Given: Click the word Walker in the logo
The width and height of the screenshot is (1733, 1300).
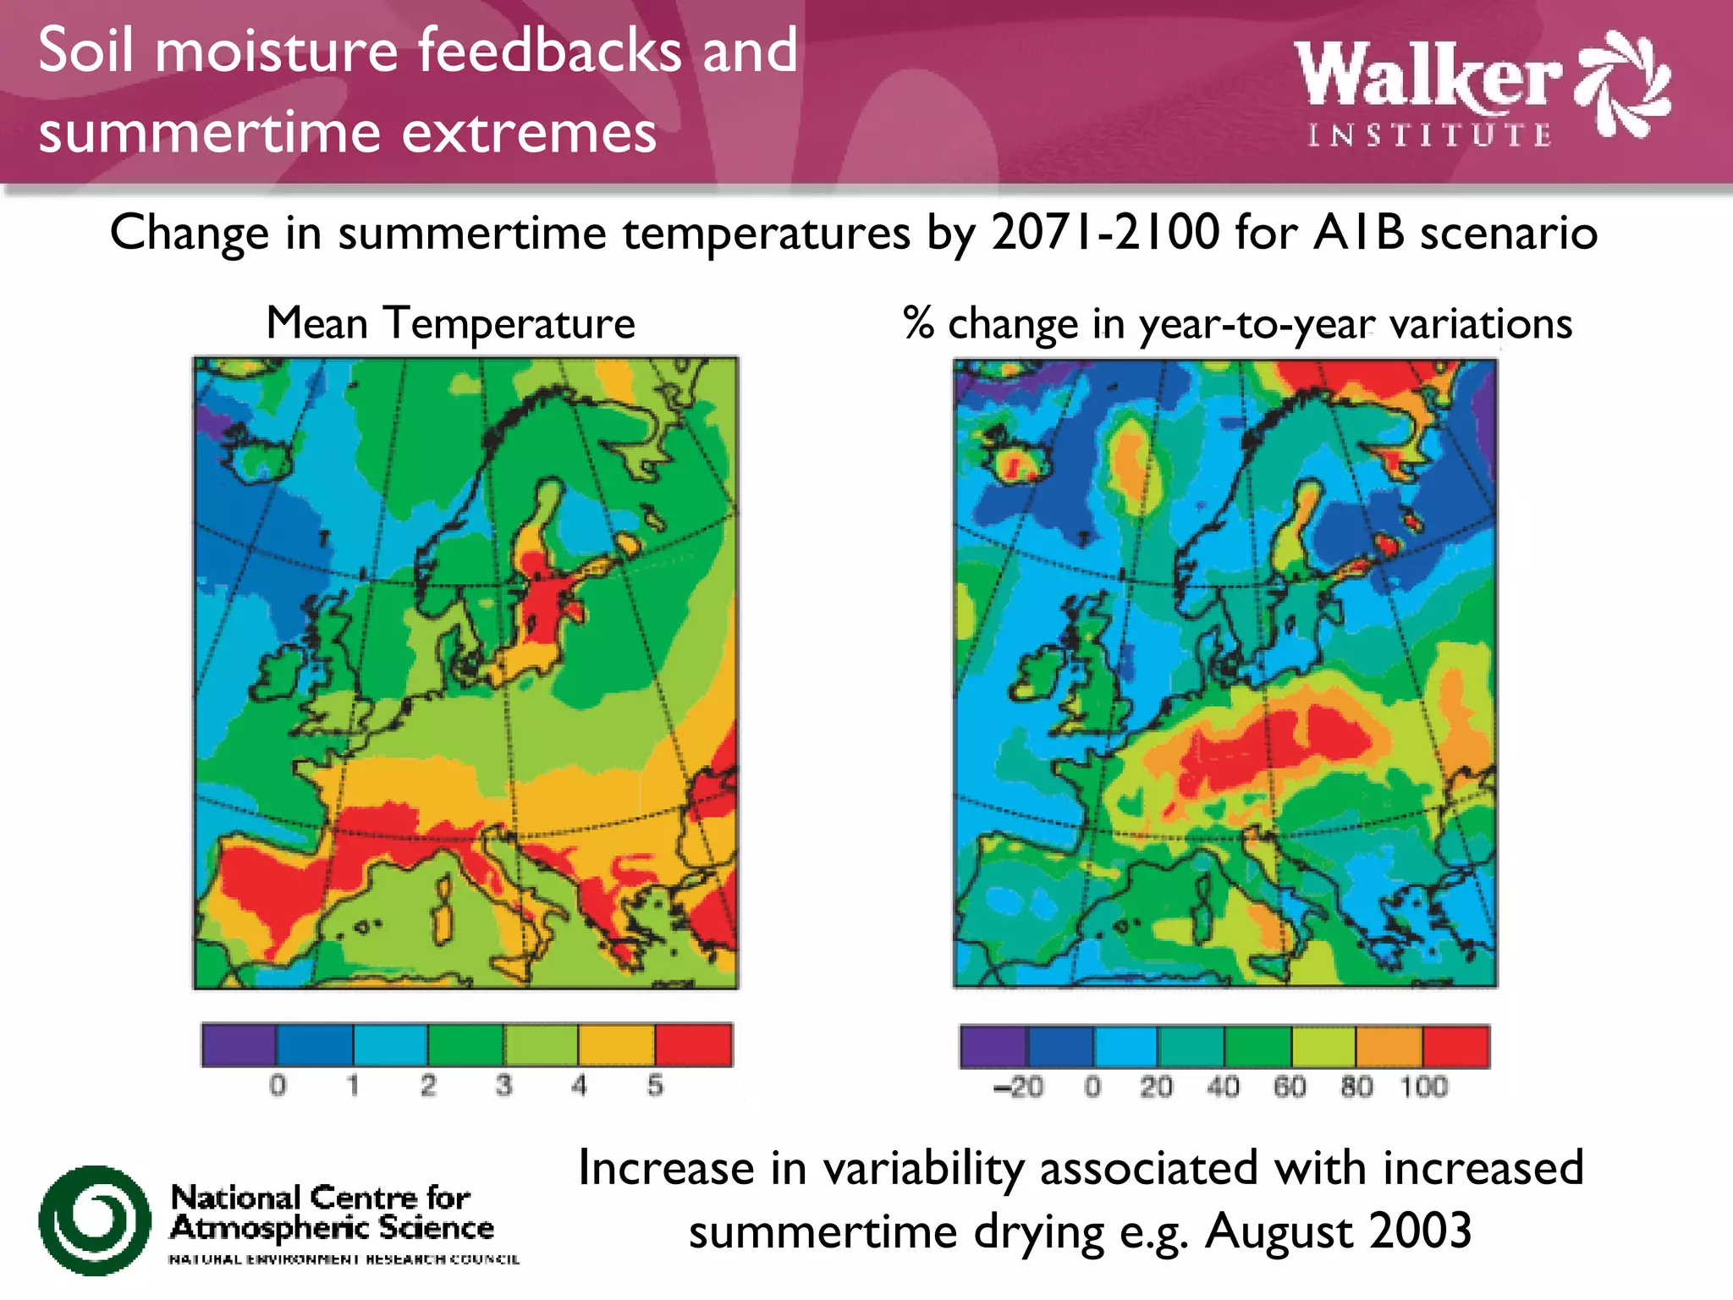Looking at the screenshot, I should pyautogui.click(x=1428, y=76).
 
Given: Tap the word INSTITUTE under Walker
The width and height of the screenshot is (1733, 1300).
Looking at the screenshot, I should pyautogui.click(x=1430, y=135).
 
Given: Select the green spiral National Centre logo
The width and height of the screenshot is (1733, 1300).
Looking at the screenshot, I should pyautogui.click(x=94, y=1220).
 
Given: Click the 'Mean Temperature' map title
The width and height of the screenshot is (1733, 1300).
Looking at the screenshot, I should pyautogui.click(x=450, y=323).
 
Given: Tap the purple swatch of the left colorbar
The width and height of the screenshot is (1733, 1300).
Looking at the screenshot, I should pyautogui.click(x=239, y=1044).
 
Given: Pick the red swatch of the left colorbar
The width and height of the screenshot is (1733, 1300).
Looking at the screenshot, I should pyautogui.click(x=693, y=1044).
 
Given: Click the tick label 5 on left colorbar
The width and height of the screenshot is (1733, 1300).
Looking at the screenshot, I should pyautogui.click(x=655, y=1085).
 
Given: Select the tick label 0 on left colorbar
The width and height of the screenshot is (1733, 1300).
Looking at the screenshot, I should pyautogui.click(x=278, y=1085).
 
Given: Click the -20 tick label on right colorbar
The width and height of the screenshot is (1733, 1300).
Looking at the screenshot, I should pyautogui.click(x=1018, y=1087).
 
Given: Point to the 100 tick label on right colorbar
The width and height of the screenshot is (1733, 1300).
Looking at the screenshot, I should pyautogui.click(x=1424, y=1087).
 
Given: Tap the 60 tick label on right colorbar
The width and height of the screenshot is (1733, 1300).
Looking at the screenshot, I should pyautogui.click(x=1290, y=1087).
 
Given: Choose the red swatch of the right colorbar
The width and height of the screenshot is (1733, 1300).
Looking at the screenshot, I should pyautogui.click(x=1455, y=1046).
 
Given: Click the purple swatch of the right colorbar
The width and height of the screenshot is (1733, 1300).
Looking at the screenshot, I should pyautogui.click(x=993, y=1046).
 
